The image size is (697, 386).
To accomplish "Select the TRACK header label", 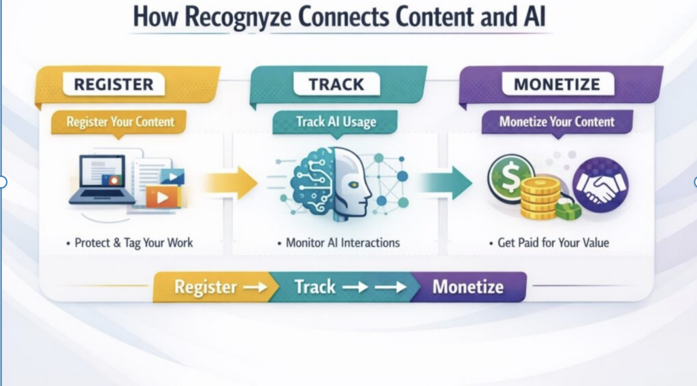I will (x=336, y=84).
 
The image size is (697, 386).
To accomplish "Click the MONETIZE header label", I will (x=557, y=85).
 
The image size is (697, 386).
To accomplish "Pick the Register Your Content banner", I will (x=120, y=123).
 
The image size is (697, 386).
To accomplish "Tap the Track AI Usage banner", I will (x=336, y=123).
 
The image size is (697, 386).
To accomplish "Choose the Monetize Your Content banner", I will (x=557, y=123).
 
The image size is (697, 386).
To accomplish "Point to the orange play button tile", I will (x=161, y=197).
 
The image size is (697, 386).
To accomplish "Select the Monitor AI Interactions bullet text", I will (x=338, y=242).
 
